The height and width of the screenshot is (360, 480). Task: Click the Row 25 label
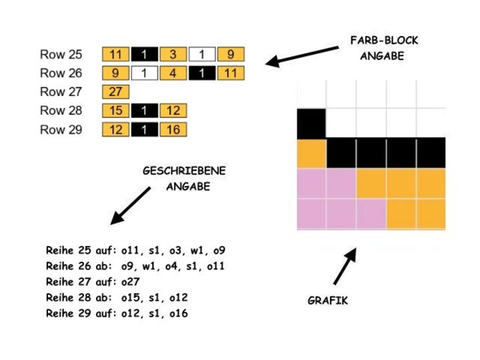(x=61, y=54)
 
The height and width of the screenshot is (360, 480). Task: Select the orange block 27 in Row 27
(x=116, y=92)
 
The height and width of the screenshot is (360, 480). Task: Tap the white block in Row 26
(x=145, y=73)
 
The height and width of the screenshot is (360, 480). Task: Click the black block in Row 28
(x=145, y=111)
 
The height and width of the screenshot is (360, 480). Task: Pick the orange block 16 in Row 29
(x=173, y=129)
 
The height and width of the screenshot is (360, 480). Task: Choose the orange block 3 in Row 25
(x=173, y=54)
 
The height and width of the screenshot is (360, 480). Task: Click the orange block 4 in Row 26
(x=173, y=73)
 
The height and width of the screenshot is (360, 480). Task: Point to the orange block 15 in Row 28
(x=116, y=111)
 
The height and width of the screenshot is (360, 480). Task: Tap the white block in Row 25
(x=202, y=54)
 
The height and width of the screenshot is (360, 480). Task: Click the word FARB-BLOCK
(x=384, y=41)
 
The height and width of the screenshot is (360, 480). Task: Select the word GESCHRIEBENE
(x=184, y=171)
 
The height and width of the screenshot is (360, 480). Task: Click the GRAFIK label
(x=327, y=301)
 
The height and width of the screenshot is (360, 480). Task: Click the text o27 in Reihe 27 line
(x=131, y=281)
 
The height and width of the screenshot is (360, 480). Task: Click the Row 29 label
(x=61, y=129)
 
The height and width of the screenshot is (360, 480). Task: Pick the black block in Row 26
(x=202, y=73)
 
